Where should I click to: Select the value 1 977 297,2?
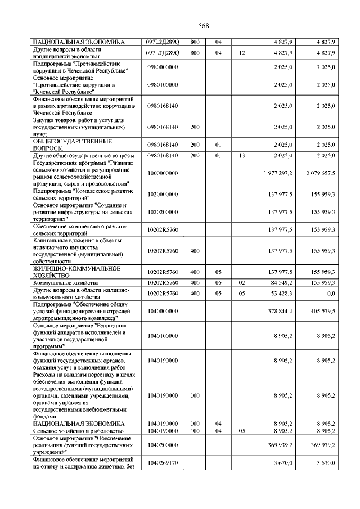(x=277, y=173)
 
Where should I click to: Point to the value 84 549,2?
(x=282, y=282)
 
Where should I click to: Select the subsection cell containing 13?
(x=242, y=155)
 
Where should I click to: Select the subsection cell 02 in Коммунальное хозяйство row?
(x=242, y=282)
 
